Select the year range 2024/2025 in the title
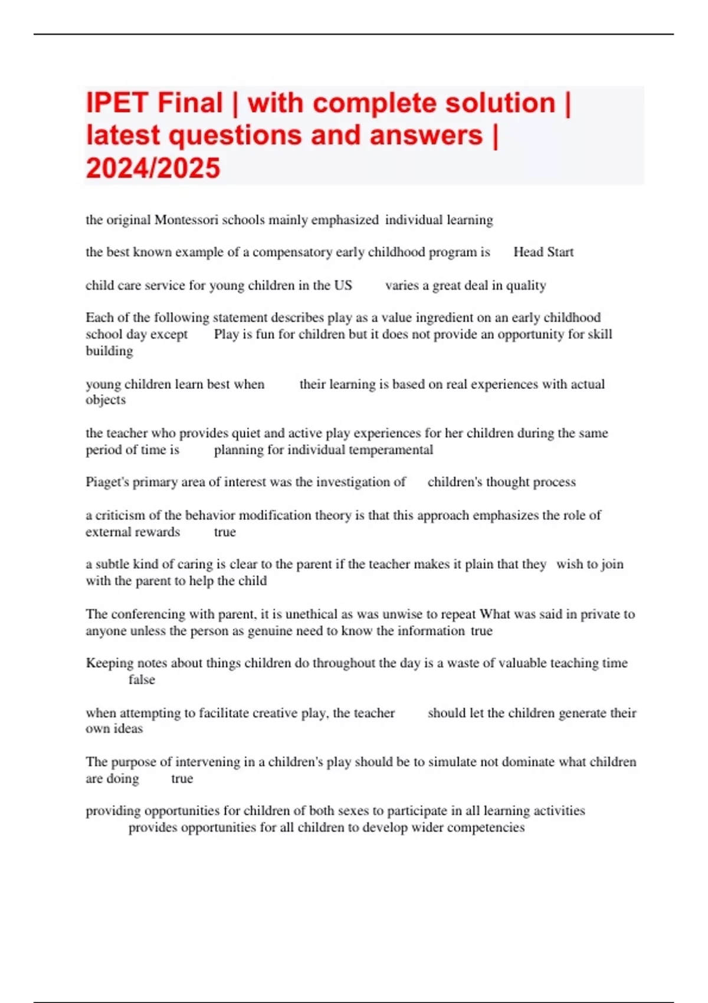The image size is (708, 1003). click(x=153, y=168)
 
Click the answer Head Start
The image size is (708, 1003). click(x=543, y=253)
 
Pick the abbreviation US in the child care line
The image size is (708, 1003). click(x=343, y=286)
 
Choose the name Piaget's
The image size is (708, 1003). click(x=107, y=482)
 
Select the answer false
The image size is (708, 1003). click(x=142, y=680)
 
